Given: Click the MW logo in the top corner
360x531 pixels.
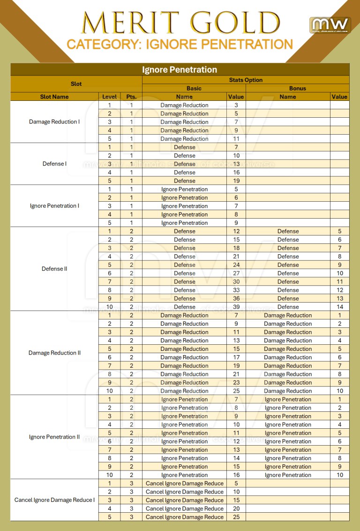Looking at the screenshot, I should click(330, 25).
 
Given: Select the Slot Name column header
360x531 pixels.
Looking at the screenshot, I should click(54, 97).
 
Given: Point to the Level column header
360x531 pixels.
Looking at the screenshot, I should click(109, 97).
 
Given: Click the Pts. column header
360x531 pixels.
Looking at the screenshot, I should click(131, 97).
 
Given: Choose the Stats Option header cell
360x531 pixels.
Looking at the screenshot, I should click(246, 80).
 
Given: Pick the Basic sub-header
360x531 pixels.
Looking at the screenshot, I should click(194, 88).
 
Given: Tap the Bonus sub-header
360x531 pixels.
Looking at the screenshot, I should click(297, 88).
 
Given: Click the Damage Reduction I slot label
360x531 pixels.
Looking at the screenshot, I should click(54, 122).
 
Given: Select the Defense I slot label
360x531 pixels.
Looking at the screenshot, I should click(54, 164).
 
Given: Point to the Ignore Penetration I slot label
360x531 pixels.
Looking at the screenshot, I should click(54, 206).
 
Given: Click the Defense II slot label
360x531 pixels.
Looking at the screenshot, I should click(54, 269).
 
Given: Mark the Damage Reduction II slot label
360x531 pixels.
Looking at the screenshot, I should click(54, 353).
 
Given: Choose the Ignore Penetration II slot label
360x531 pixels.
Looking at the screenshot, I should click(54, 437).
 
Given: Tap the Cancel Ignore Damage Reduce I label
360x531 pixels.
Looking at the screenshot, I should click(54, 500).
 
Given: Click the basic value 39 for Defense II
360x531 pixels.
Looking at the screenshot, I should click(236, 307).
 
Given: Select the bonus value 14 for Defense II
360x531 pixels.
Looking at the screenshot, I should click(340, 307).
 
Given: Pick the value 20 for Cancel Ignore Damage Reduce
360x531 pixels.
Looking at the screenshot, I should click(236, 508).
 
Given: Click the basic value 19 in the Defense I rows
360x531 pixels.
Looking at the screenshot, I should click(236, 181).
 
